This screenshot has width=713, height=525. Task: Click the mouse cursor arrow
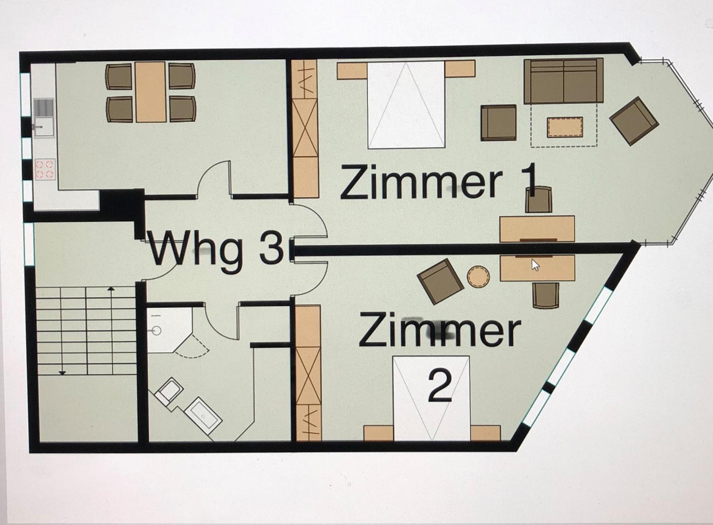pos(536,265)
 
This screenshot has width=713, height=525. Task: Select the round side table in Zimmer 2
pos(478,277)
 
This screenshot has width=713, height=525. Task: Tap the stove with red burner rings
pos(45,169)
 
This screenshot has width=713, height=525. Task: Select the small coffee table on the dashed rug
pos(565,127)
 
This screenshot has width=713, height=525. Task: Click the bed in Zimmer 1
pos(406,105)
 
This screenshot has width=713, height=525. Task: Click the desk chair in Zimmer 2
pos(546,295)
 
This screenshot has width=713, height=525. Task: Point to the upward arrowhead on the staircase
pos(111,289)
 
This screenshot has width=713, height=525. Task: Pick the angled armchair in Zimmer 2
pos(440,281)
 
